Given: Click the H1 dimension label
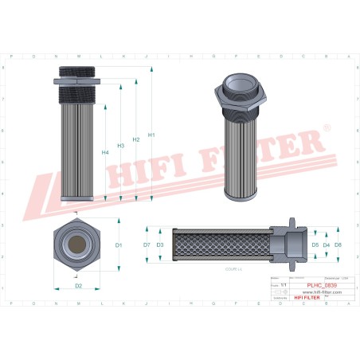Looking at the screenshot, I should (x=151, y=134).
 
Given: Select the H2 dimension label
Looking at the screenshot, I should (x=136, y=139).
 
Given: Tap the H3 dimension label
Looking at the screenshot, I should (x=121, y=146).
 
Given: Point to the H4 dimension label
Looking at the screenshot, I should (x=105, y=151).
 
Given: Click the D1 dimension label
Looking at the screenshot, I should (x=119, y=245).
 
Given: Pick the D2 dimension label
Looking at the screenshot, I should (x=78, y=284).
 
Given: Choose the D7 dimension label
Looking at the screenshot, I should (x=147, y=245).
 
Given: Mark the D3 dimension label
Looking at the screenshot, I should (x=160, y=245).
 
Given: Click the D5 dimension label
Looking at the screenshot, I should (x=315, y=245).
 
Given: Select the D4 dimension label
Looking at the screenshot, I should (x=326, y=245).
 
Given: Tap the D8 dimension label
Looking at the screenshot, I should (x=338, y=245).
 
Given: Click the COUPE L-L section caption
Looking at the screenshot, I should (x=234, y=271).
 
